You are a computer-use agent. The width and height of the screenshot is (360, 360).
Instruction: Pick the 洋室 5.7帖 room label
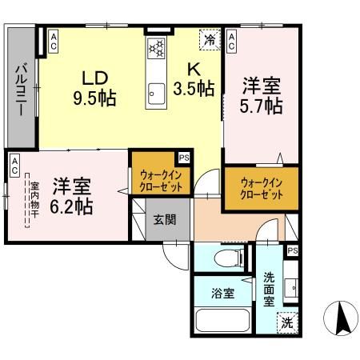(261, 94)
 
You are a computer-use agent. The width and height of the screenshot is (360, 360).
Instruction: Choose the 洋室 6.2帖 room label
(72, 195)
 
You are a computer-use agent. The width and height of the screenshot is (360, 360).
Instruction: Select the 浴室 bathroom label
(223, 293)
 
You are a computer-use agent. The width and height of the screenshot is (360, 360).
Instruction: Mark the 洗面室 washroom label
(270, 290)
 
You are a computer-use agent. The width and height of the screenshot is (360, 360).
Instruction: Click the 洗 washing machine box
(286, 323)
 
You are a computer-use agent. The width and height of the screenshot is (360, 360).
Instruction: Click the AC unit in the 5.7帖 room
(231, 40)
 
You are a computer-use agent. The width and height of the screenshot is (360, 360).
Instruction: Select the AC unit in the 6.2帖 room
(14, 165)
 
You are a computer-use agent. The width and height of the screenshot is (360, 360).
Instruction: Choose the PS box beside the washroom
(293, 250)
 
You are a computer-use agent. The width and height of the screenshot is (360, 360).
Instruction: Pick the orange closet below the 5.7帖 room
(262, 189)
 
